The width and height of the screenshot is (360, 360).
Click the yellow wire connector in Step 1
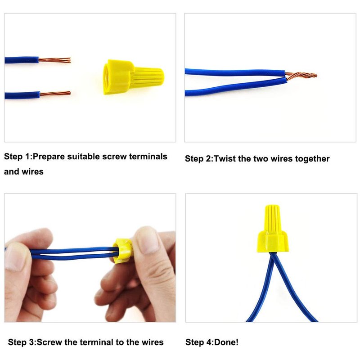[x=133, y=76]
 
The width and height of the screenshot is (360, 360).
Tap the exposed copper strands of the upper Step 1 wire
[x=54, y=60]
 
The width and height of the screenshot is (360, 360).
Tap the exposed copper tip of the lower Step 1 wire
[x=55, y=94]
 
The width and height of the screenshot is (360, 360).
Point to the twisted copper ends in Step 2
[x=301, y=76]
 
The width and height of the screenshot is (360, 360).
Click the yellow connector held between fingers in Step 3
[x=122, y=251]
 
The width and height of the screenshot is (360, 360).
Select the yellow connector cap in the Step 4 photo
[x=273, y=229]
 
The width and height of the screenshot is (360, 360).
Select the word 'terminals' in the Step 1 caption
[x=148, y=157]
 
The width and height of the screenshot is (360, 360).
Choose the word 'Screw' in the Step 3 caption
[x=49, y=342]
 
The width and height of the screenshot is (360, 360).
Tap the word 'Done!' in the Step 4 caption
[x=226, y=342]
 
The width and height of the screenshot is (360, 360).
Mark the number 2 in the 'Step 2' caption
[x=208, y=159]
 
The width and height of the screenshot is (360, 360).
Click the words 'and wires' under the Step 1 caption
[x=24, y=171]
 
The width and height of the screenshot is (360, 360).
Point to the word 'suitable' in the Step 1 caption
[x=84, y=157]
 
